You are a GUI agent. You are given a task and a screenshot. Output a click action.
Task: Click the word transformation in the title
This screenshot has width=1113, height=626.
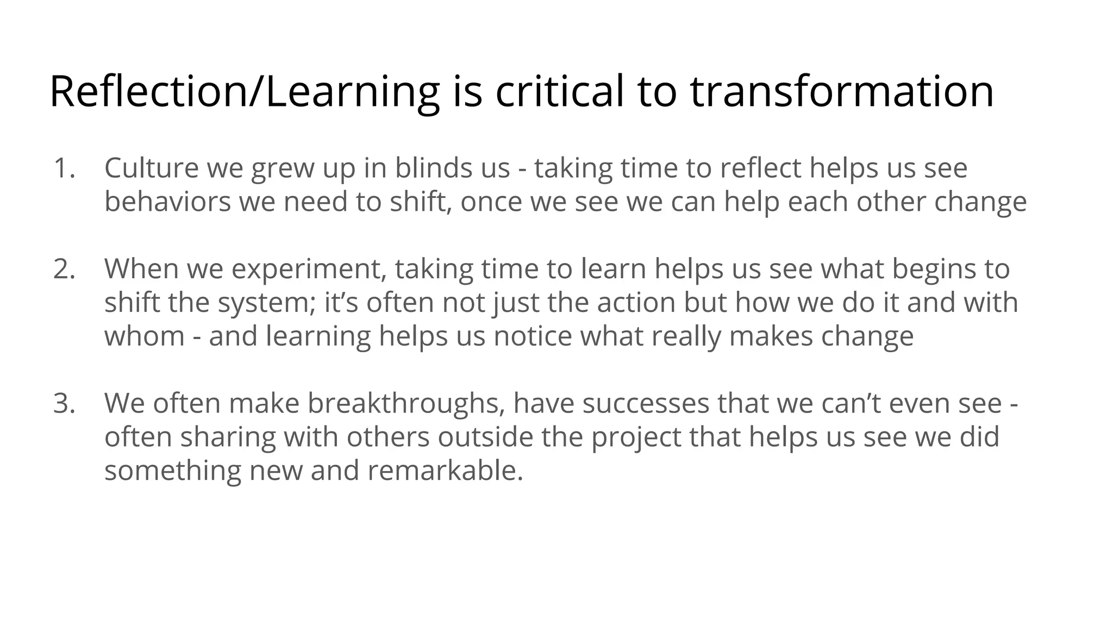[x=842, y=91]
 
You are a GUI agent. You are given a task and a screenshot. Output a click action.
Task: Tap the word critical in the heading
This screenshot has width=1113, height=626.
[x=560, y=91]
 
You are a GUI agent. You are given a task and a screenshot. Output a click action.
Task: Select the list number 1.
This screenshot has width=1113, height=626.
[x=64, y=168]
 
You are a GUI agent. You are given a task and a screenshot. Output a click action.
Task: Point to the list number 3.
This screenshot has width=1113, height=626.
[x=64, y=403]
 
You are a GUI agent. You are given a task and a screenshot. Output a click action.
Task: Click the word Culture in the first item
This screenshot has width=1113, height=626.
[x=151, y=168]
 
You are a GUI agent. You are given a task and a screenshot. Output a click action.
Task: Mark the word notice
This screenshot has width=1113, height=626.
[x=533, y=336]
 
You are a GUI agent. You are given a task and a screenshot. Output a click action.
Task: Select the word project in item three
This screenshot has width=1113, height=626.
[x=636, y=437]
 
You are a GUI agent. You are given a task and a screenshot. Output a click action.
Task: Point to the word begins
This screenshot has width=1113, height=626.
[x=930, y=270]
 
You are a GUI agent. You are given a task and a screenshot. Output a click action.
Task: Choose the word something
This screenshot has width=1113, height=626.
[x=172, y=471]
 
